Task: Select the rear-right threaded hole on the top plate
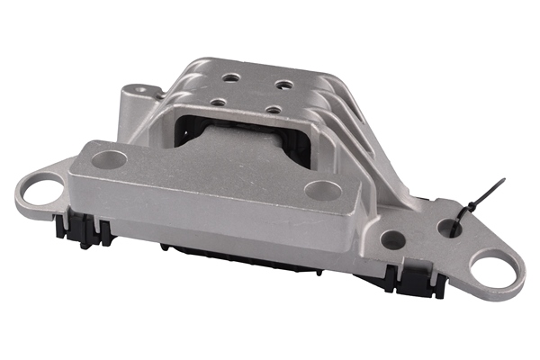[x=284, y=85]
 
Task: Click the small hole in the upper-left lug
[x=137, y=91]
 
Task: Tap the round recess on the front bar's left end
[x=110, y=161]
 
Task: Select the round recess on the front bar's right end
[x=322, y=190]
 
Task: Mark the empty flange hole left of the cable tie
[x=392, y=239]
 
